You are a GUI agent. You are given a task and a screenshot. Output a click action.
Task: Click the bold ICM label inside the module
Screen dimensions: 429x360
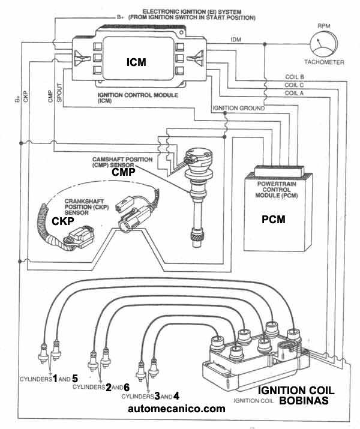point(136,62)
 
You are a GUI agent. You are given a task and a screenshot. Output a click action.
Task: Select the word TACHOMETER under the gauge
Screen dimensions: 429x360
point(323,63)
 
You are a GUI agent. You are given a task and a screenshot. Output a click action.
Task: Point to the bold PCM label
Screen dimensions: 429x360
point(273,220)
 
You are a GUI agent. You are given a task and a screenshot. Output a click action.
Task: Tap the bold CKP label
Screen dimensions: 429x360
point(63,221)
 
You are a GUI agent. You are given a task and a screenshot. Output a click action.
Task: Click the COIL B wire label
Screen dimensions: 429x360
point(294,77)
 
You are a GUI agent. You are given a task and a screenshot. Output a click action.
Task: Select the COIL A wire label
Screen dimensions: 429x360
point(294,93)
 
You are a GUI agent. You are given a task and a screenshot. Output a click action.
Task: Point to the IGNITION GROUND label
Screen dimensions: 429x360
point(238,108)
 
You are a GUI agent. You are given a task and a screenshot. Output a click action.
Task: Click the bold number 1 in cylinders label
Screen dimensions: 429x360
point(55,379)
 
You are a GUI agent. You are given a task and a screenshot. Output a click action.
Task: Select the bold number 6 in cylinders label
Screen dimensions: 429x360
point(126,388)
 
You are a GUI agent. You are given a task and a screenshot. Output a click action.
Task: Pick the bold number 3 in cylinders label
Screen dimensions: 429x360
point(157,396)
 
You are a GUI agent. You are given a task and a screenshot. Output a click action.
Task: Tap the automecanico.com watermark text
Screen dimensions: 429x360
point(176,409)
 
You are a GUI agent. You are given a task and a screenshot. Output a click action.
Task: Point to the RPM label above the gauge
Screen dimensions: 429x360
point(325,26)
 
